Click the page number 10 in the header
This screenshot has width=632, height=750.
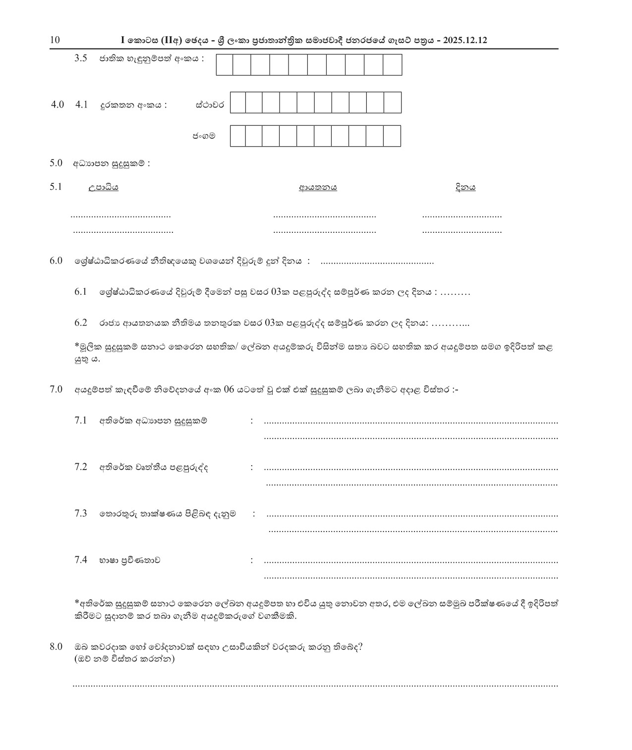55,40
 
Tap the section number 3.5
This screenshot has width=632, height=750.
81,58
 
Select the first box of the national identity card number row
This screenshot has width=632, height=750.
225,65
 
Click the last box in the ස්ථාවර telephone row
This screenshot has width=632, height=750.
392,103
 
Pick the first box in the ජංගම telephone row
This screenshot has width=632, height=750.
238,136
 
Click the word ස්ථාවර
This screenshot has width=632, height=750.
210,105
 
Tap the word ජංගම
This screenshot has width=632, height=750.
204,135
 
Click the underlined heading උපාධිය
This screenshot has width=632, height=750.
103,187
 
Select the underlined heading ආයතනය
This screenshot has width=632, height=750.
318,187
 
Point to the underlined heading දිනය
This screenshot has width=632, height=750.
465,187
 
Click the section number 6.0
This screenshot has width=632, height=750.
56,261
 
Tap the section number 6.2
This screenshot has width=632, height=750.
81,323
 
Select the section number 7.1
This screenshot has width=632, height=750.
81,421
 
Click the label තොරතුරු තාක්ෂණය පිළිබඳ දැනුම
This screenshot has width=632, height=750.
168,514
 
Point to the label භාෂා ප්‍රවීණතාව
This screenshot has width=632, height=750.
129,560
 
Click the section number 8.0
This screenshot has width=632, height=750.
56,646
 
